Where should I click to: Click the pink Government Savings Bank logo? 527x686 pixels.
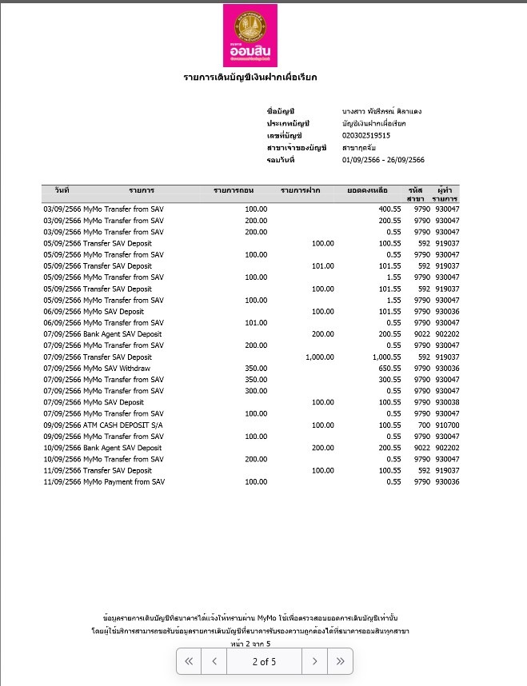[250, 34]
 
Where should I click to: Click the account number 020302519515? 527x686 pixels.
[365, 136]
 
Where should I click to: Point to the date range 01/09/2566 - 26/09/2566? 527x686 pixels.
[383, 161]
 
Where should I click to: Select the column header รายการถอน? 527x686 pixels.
[234, 190]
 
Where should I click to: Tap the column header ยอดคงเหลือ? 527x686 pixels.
[368, 190]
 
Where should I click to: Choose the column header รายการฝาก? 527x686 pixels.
[301, 190]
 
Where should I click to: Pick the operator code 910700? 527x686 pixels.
[447, 425]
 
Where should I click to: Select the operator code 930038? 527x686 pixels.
[447, 402]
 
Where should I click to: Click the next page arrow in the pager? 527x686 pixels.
[315, 661]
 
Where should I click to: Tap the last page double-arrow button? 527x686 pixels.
[340, 661]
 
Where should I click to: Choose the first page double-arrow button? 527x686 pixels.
[190, 661]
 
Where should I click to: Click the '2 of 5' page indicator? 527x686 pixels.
[264, 661]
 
